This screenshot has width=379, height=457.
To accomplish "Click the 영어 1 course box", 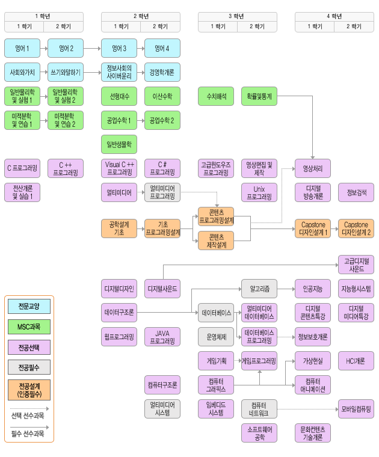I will tap(22, 48).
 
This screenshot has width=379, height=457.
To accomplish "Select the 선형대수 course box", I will tap(119, 96).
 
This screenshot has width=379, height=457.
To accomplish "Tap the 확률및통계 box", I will tap(259, 96).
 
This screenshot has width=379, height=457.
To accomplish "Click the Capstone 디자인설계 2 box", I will tap(356, 228).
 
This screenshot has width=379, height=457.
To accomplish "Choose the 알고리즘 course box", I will tap(259, 289).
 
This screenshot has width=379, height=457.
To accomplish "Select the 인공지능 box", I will tap(313, 289).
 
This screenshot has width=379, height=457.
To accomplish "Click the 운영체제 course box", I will tap(216, 337).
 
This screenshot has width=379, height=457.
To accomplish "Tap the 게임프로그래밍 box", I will tap(259, 361).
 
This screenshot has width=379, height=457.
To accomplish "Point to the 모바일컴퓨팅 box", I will tap(356, 409).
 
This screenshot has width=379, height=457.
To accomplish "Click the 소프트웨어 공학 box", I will tap(259, 433).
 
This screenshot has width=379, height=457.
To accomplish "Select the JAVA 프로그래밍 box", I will tap(162, 337).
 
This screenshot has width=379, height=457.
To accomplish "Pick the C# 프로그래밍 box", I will tap(162, 168).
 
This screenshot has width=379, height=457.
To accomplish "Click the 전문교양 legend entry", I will tap(29, 306).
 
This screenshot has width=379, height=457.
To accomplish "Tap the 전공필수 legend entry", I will tap(29, 367).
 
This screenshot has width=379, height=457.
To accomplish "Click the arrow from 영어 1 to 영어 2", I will tap(44, 48).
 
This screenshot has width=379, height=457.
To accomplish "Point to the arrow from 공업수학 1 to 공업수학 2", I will tap(141, 120).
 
